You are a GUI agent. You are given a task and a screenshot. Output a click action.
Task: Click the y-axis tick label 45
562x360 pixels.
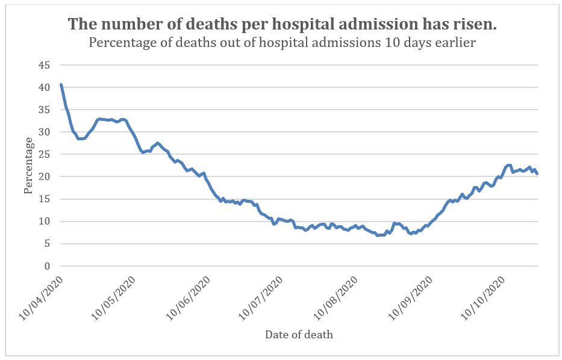[45, 65]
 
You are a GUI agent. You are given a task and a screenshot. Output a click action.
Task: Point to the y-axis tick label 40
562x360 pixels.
[45, 87]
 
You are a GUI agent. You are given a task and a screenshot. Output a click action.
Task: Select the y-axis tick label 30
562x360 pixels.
[45, 132]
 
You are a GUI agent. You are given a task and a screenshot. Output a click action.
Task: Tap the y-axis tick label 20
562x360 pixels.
[45, 176]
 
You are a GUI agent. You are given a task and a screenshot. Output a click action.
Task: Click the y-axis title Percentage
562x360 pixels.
[28, 166]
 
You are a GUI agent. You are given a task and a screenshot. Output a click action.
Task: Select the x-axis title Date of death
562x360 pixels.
[299, 335]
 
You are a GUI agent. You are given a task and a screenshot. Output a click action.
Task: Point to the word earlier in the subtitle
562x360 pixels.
[454, 43]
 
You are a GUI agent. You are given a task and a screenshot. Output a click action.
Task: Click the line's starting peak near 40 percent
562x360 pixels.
[61, 85]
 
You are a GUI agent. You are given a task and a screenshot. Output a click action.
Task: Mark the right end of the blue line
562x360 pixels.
[537, 173]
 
